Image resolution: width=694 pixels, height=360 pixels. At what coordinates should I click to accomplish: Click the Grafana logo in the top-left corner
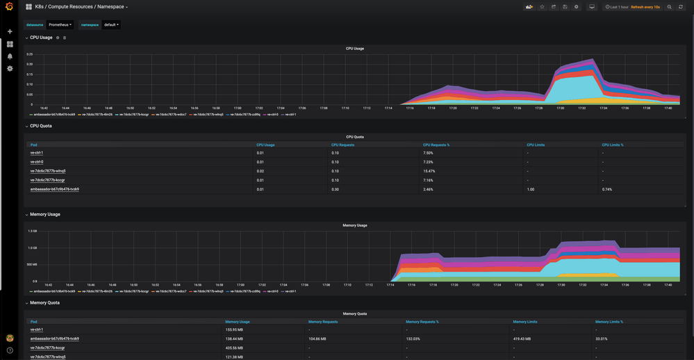click(9, 7)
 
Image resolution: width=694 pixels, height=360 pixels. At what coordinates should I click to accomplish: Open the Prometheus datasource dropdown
click(60, 25)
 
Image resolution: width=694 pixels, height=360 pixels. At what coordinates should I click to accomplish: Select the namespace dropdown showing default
click(111, 25)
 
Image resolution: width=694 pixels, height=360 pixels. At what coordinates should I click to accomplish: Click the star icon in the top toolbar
click(542, 7)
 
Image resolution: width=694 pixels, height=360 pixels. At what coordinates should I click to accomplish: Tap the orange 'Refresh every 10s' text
click(645, 7)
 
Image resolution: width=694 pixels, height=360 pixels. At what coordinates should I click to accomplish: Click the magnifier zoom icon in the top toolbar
click(670, 7)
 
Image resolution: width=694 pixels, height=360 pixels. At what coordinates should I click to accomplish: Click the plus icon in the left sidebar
click(10, 31)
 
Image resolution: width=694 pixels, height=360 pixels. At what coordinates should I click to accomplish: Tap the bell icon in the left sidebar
click(10, 56)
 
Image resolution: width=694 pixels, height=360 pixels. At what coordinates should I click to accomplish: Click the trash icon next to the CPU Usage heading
click(65, 38)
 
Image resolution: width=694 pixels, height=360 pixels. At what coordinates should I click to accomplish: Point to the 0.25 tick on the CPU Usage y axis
click(29, 54)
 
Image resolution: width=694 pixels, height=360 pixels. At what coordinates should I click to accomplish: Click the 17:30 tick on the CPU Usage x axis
click(561, 108)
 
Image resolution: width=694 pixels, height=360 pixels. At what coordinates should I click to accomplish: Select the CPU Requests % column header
click(436, 145)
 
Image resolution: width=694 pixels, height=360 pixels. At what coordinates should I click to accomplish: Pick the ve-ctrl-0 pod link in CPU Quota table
click(37, 162)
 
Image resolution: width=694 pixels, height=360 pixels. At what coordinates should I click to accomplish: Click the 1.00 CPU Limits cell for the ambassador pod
click(531, 189)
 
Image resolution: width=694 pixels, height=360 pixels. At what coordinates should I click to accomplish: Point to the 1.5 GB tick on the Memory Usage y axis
click(33, 231)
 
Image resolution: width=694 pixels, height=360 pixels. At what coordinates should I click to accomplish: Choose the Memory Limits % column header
click(609, 322)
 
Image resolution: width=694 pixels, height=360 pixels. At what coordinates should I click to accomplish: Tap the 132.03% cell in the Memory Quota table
click(414, 339)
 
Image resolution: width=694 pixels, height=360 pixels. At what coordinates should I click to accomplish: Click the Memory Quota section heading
click(44, 303)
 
